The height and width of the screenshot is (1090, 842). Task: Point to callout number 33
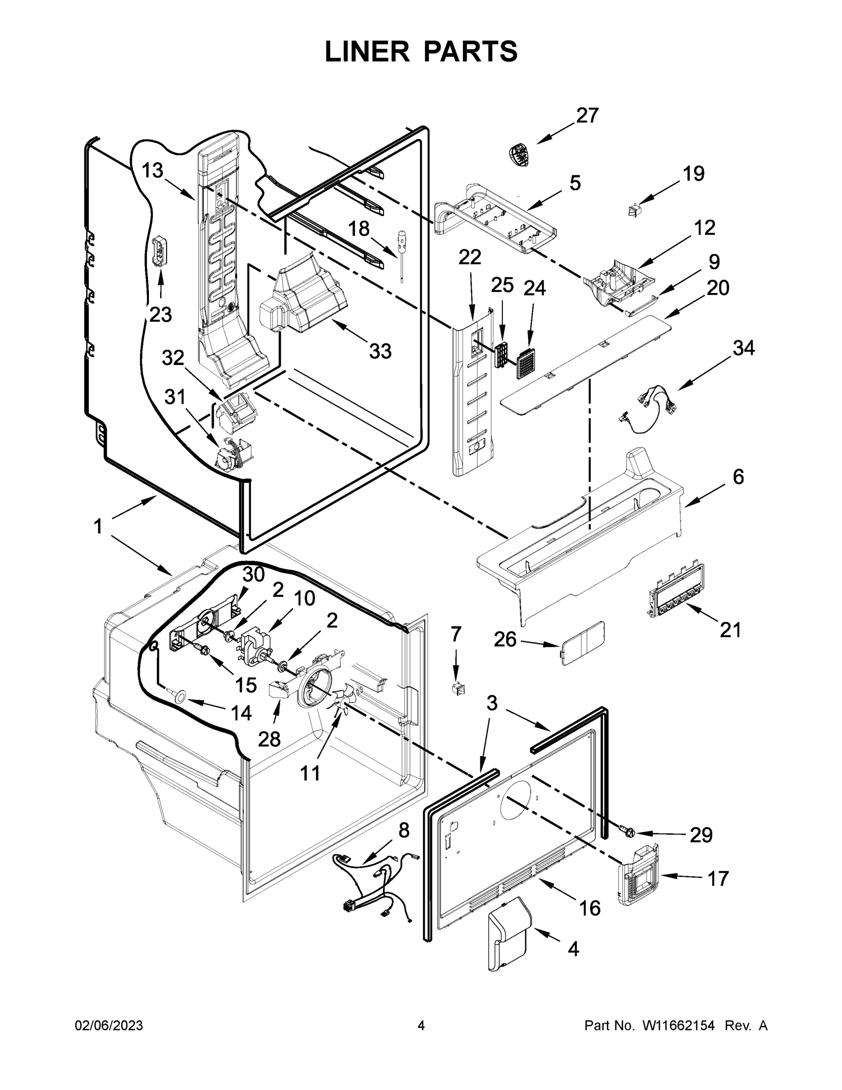coord(380,352)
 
